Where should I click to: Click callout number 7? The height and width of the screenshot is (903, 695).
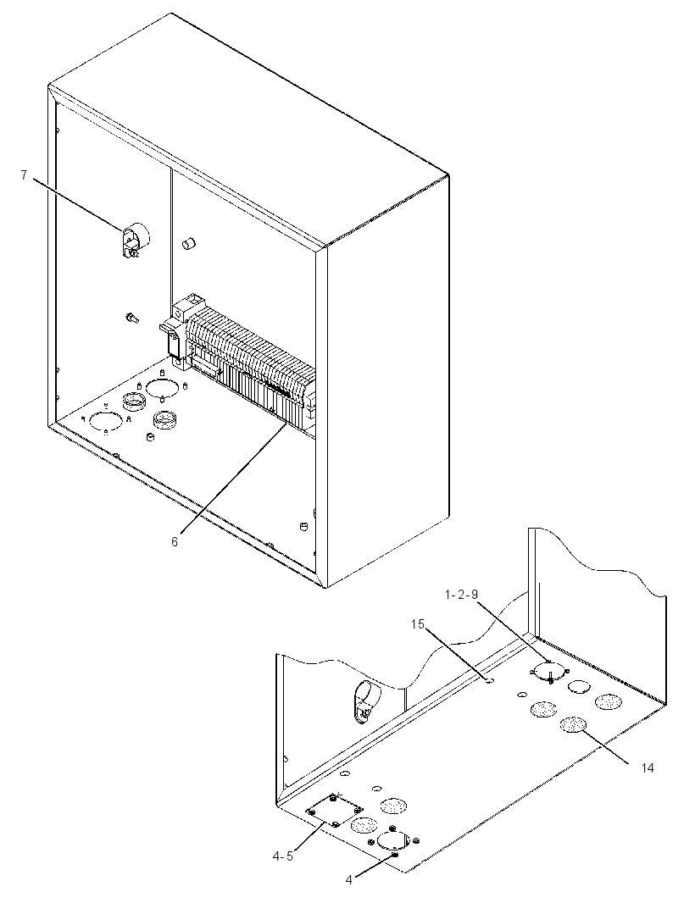tap(24, 175)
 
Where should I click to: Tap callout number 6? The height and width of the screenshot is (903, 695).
tap(175, 541)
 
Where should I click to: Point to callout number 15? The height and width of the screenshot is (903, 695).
tap(418, 623)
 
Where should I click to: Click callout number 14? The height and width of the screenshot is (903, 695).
tap(648, 767)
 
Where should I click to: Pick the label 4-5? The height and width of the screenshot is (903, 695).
tap(282, 856)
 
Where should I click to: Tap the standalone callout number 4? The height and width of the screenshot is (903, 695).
tap(348, 879)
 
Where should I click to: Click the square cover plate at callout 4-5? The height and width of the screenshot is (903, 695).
tap(335, 811)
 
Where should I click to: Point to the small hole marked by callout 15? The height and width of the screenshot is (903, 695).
tap(490, 680)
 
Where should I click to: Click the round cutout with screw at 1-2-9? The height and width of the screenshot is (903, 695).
tap(549, 672)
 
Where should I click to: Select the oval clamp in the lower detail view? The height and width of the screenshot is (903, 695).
tap(363, 700)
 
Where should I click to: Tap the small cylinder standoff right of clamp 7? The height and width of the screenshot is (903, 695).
tap(188, 246)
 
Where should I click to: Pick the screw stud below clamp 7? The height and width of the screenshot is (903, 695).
tap(131, 317)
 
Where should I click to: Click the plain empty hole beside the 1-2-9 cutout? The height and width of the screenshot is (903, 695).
tap(579, 686)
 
